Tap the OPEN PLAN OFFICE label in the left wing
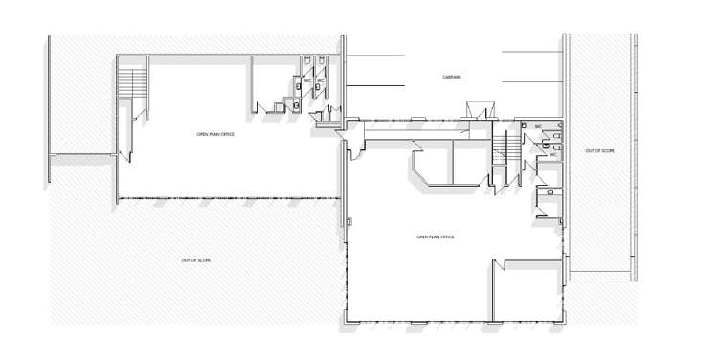(215, 135)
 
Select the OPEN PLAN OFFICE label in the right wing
(435, 236)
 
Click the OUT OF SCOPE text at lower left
(195, 260)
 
